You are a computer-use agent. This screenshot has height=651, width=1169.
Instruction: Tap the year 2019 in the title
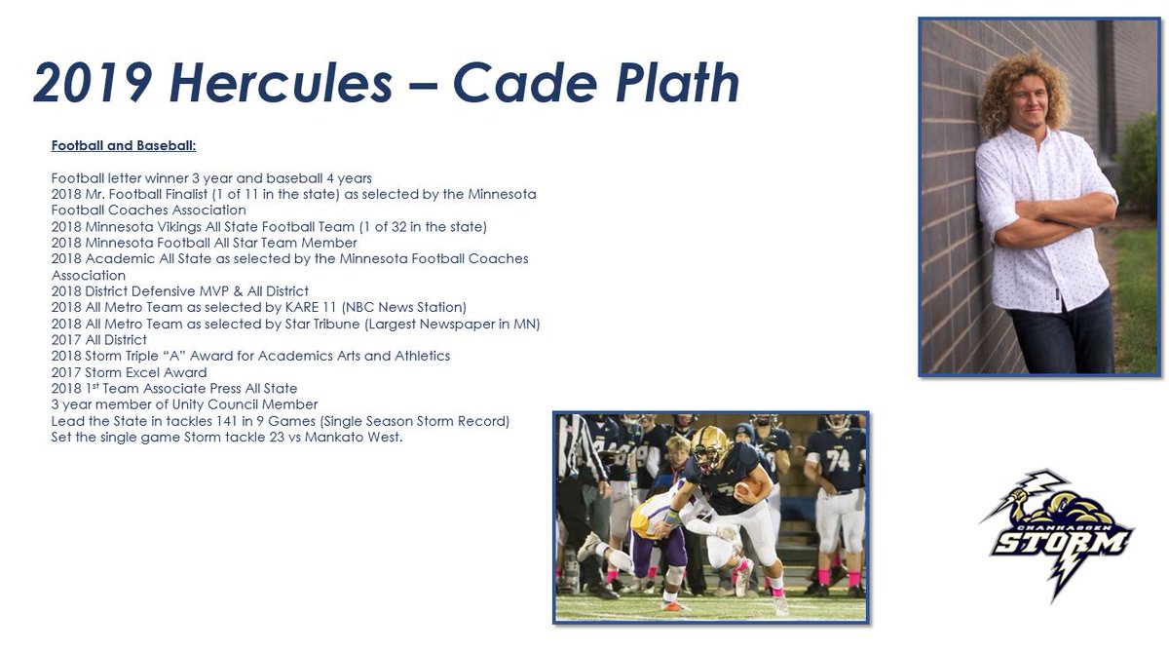pos(92,83)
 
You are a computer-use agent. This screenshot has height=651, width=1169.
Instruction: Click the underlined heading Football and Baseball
pos(124,146)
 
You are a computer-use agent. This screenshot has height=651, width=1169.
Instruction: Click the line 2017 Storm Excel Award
pos(129,372)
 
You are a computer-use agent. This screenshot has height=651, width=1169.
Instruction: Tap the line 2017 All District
pos(99,339)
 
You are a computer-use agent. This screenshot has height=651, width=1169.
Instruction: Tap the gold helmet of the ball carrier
pos(708,445)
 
